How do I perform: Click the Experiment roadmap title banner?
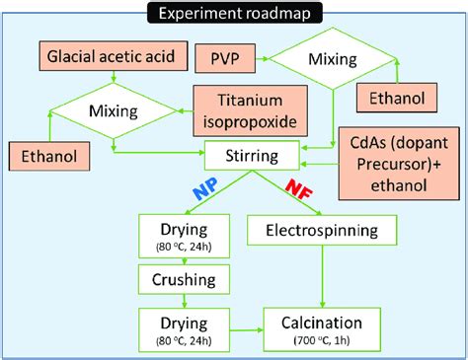tap(233, 13)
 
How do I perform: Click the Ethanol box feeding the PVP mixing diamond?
tap(398, 98)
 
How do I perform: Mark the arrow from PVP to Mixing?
tap(272, 58)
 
